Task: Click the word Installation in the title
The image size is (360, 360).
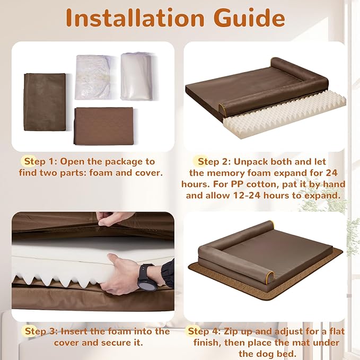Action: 136,18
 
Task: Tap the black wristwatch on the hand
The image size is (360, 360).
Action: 146,276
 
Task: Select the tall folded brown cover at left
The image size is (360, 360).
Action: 45,101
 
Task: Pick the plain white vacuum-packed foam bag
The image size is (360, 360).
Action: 137,75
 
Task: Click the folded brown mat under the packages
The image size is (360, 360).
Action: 104,125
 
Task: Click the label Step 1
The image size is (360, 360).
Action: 36,161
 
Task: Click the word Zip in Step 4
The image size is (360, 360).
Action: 233,331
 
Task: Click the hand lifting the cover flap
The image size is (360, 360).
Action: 114,218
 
